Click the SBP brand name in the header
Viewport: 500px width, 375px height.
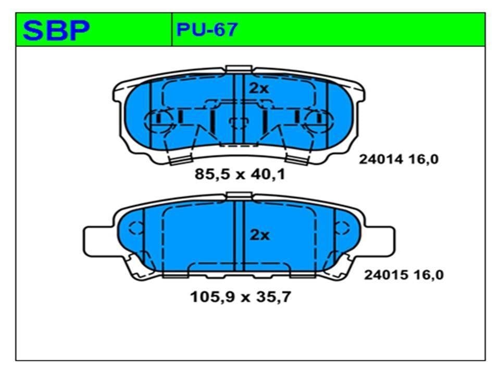click(x=56, y=30)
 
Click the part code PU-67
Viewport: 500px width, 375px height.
click(x=207, y=30)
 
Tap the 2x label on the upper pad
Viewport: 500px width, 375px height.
click(x=259, y=89)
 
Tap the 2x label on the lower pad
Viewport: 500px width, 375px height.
click(x=259, y=235)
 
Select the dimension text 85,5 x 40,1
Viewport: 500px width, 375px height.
click(x=240, y=174)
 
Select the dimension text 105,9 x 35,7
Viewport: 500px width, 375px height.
click(x=241, y=297)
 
